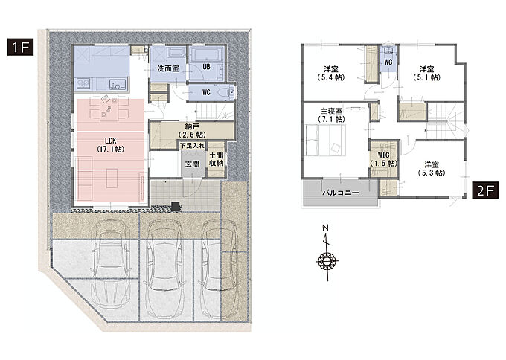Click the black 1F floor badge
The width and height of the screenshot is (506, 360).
[20, 47]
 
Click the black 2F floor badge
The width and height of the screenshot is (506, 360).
[485, 190]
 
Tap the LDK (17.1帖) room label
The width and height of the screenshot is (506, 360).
[111, 145]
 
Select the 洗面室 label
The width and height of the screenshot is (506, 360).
[168, 68]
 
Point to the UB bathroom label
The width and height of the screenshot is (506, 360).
[207, 67]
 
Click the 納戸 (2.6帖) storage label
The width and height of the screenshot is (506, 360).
[192, 130]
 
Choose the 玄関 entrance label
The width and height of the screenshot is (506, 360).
[192, 164]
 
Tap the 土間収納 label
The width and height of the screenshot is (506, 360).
[216, 159]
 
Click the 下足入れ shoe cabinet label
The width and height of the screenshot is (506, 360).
[192, 146]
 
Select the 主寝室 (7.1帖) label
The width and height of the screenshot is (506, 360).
[331, 115]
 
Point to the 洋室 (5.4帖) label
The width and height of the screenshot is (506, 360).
[331, 73]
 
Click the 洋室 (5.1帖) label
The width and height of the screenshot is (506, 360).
[426, 73]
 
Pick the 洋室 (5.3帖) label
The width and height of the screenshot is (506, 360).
[432, 169]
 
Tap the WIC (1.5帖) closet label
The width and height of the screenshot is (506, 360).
[384, 159]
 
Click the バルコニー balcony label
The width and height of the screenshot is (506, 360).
[341, 193]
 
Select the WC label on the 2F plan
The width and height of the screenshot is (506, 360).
[388, 61]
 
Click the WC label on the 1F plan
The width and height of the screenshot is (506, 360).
[207, 92]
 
